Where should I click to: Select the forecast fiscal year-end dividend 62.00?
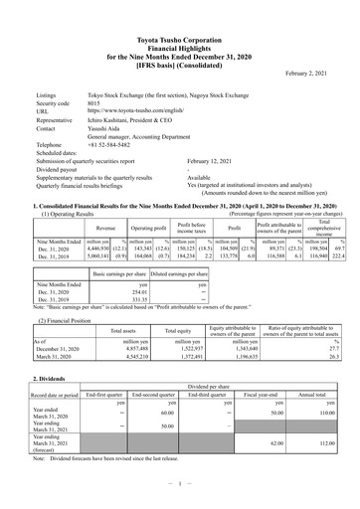click(264, 443)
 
